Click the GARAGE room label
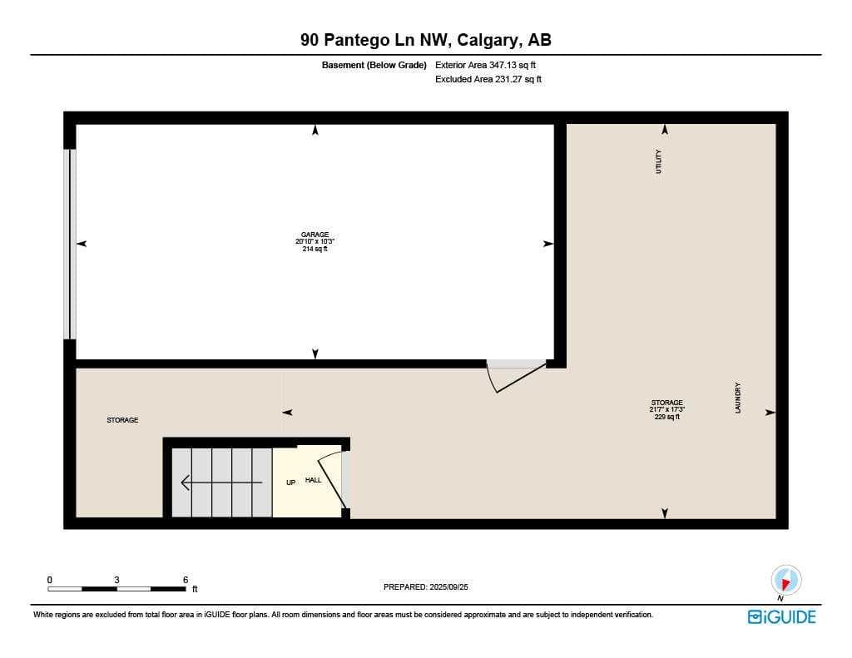pos(315,235)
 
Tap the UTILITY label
pos(659,161)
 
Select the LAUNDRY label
pos(738,398)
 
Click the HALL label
pos(313,480)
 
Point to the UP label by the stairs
pos(290,482)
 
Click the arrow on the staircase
pos(221,482)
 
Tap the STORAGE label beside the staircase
pos(122,420)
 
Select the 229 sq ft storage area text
pos(666,417)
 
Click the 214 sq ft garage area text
pos(315,249)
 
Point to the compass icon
pos(785,581)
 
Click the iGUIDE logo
pos(782,616)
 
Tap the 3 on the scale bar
pos(116,580)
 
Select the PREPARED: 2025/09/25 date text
pos(425,586)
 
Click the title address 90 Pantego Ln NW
pos(375,40)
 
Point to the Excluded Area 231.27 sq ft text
pos(488,79)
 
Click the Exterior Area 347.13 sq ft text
pos(485,65)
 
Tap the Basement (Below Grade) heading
pos(374,65)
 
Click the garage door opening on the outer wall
pos(70,244)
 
